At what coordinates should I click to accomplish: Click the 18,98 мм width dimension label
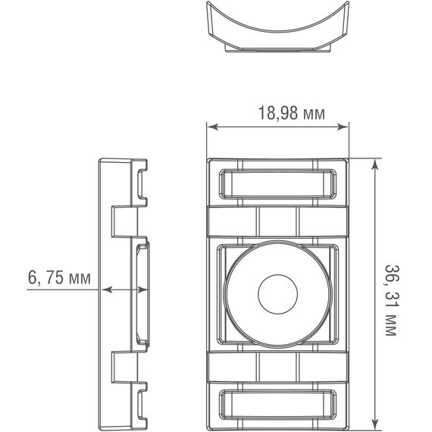tap(292, 113)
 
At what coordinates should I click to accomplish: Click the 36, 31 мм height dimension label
tap(392, 300)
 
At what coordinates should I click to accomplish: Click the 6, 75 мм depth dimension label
tap(59, 277)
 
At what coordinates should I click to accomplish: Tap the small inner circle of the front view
tap(277, 294)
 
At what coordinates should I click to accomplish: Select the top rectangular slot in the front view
tap(277, 183)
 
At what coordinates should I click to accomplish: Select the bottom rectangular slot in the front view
tap(277, 404)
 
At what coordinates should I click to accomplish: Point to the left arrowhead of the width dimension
tap(213, 127)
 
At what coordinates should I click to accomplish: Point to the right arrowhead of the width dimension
tap(343, 127)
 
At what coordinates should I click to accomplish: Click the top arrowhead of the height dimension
tap(374, 164)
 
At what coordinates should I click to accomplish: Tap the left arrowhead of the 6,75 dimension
tap(107, 290)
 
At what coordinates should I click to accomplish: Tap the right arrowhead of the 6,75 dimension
tap(142, 290)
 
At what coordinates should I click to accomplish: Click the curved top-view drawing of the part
tap(277, 27)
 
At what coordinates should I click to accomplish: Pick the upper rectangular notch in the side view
tap(124, 222)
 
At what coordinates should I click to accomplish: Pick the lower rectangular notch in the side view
tap(124, 367)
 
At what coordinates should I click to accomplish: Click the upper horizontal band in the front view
tap(277, 221)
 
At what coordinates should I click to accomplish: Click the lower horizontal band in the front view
tap(277, 367)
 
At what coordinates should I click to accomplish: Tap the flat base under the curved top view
tap(277, 49)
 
